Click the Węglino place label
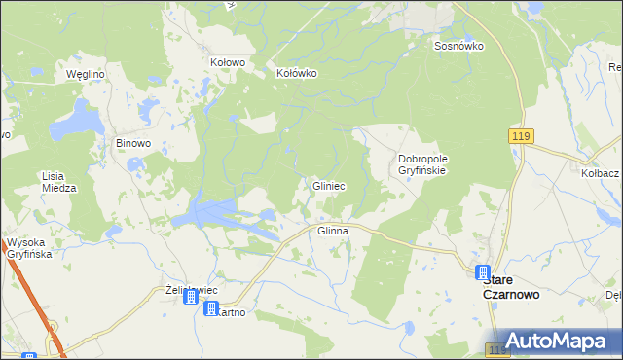(85, 73)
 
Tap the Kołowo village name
(228, 61)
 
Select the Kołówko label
(297, 72)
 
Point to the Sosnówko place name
(459, 46)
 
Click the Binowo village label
(133, 143)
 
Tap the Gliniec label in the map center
(328, 185)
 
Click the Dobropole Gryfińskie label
(421, 163)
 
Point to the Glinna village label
(333, 231)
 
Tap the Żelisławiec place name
(191, 290)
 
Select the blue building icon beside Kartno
(212, 309)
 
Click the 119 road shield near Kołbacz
(519, 138)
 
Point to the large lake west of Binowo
(77, 124)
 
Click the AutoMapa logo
(552, 342)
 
